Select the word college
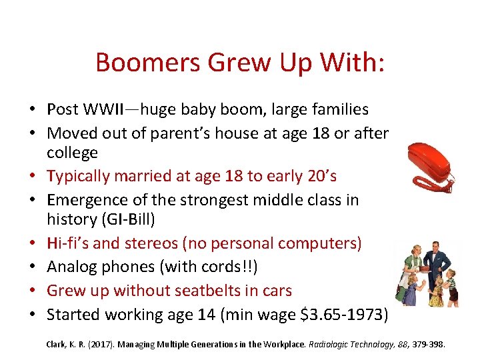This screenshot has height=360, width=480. (72, 153)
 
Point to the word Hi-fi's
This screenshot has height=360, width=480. (70, 244)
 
